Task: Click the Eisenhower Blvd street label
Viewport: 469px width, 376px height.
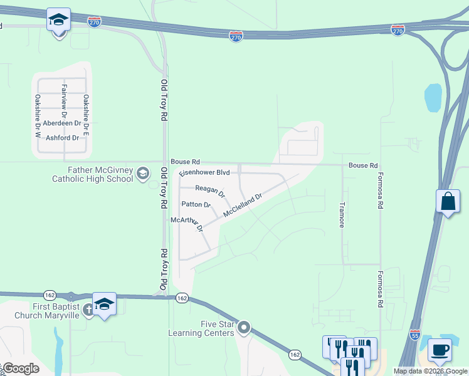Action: pos(204,172)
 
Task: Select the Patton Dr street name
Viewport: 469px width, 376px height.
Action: pos(195,204)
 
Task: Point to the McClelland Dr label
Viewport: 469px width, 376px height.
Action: pos(241,205)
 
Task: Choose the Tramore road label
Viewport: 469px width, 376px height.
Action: pos(342,215)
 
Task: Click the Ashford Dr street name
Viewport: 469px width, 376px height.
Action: pos(62,137)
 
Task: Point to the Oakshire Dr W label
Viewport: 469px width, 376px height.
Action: pos(38,116)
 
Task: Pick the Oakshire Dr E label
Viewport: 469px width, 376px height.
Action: pos(87,115)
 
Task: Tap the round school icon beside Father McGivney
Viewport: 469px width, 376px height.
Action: pos(143,174)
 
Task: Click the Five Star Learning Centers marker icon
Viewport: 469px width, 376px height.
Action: pos(245,328)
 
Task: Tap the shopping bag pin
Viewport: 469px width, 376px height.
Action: pos(448,202)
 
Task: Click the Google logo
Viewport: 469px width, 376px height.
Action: pos(20,368)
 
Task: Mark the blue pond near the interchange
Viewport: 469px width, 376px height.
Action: pos(433,98)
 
